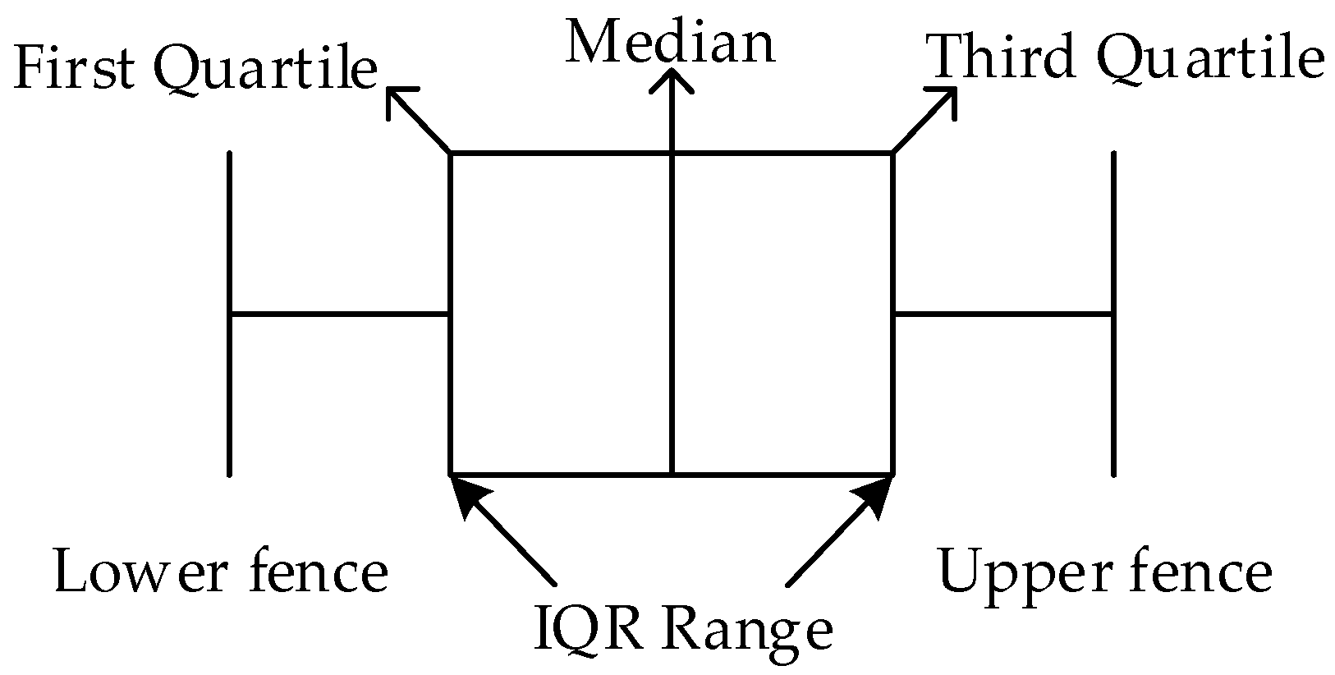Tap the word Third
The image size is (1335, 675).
pyautogui.click(x=1001, y=58)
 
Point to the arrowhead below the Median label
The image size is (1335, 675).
pyautogui.click(x=672, y=78)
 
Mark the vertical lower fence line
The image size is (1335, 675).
pyautogui.click(x=230, y=313)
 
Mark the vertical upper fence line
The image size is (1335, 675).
pyautogui.click(x=1113, y=313)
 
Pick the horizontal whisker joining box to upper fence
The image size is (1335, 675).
pyautogui.click(x=1002, y=313)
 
